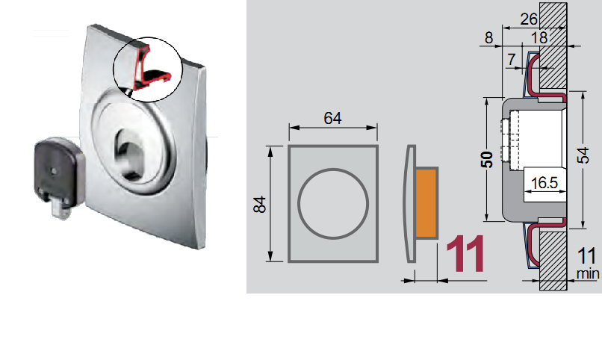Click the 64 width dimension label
click(x=332, y=118)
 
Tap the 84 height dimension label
click(x=260, y=204)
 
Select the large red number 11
click(x=465, y=253)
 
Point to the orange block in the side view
click(x=426, y=202)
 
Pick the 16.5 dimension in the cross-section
click(x=544, y=183)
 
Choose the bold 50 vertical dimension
click(x=487, y=160)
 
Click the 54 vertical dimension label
click(x=583, y=155)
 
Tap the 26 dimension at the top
click(x=529, y=19)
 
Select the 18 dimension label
click(x=539, y=37)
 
